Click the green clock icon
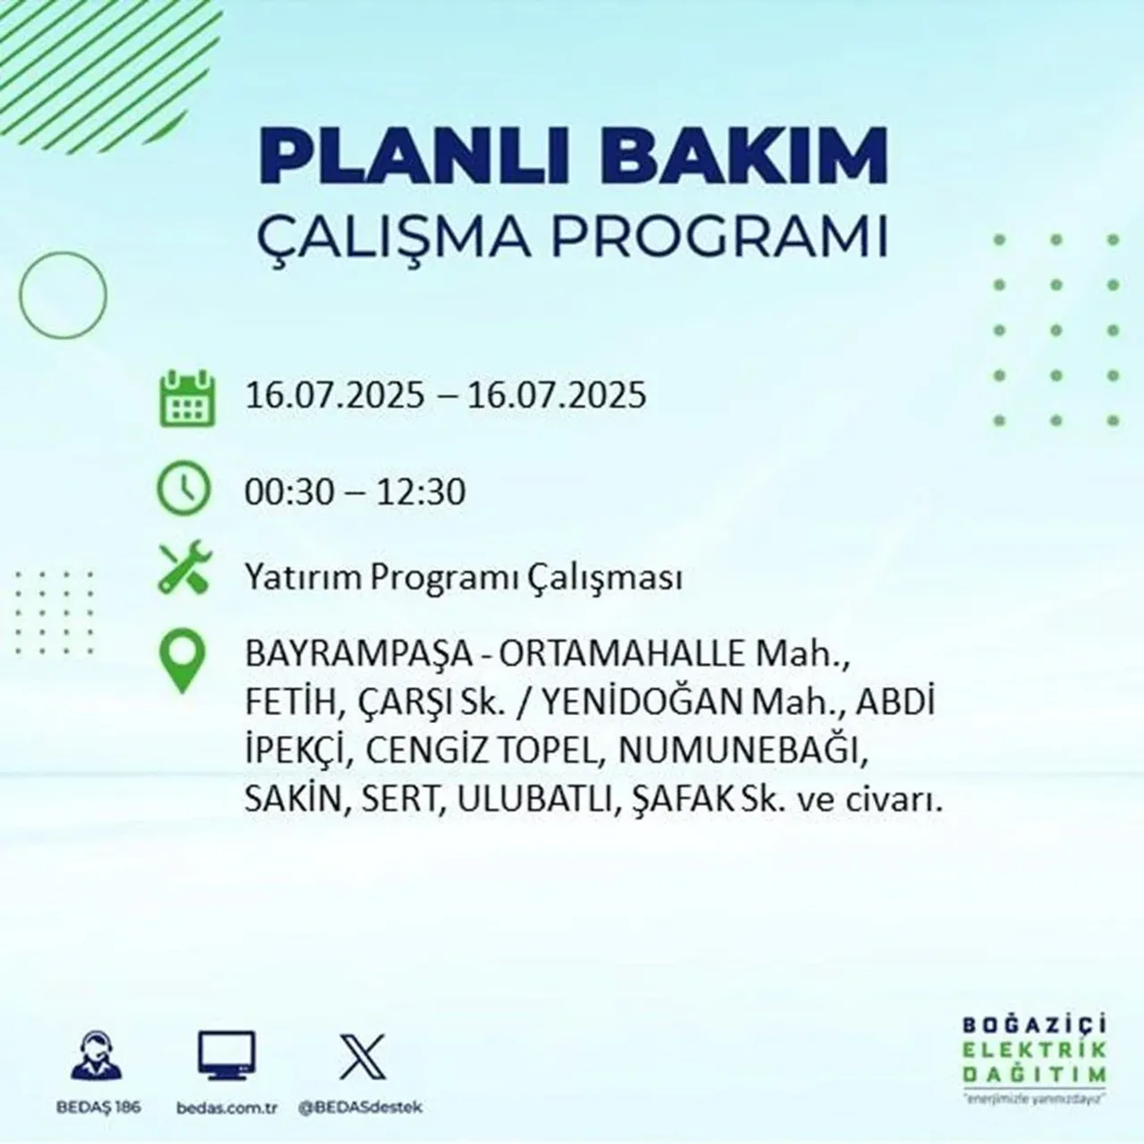[184, 491]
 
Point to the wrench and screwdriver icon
[185, 569]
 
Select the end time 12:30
[421, 492]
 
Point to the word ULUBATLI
[533, 801]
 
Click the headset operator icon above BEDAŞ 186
[94, 1056]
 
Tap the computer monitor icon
[226, 1056]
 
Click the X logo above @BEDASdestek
[362, 1056]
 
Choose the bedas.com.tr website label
[227, 1107]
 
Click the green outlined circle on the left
[63, 294]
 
